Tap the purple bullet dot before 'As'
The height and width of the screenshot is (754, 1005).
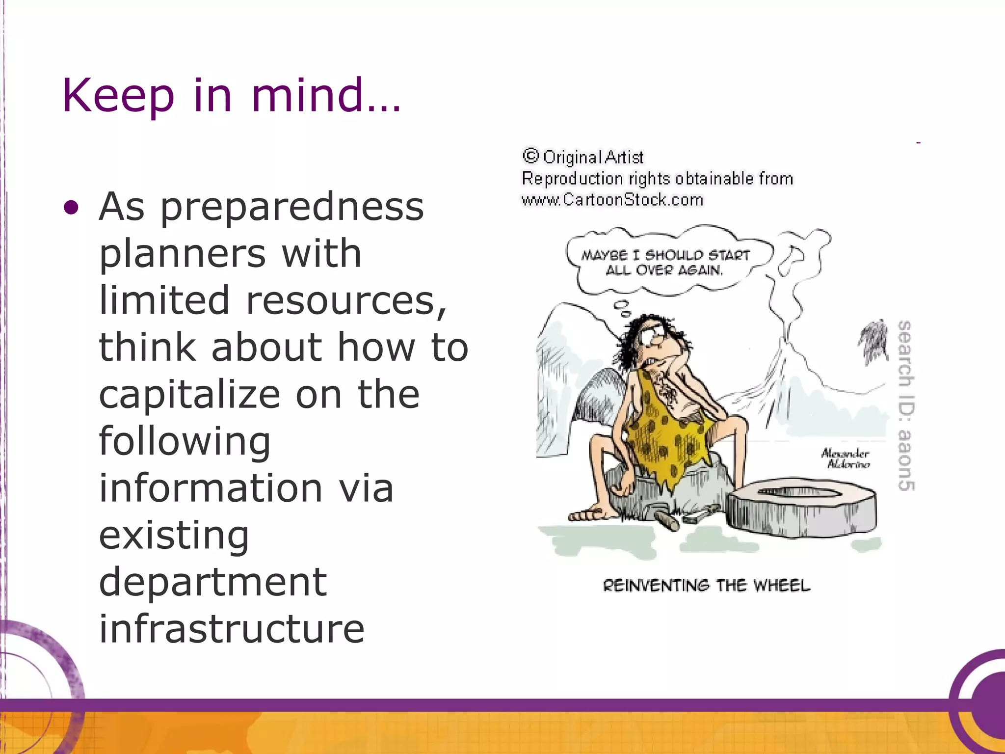pos(71,208)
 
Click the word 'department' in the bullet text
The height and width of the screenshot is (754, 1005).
pos(213,582)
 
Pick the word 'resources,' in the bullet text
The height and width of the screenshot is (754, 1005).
pos(346,300)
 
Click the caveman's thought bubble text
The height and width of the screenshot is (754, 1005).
pos(665,263)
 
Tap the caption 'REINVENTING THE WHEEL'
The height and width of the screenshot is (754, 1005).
pos(706,586)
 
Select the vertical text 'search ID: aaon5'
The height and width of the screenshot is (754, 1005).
pos(905,405)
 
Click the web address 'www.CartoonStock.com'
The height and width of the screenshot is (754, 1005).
pos(612,200)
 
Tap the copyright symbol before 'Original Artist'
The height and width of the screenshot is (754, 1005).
pos(530,156)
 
